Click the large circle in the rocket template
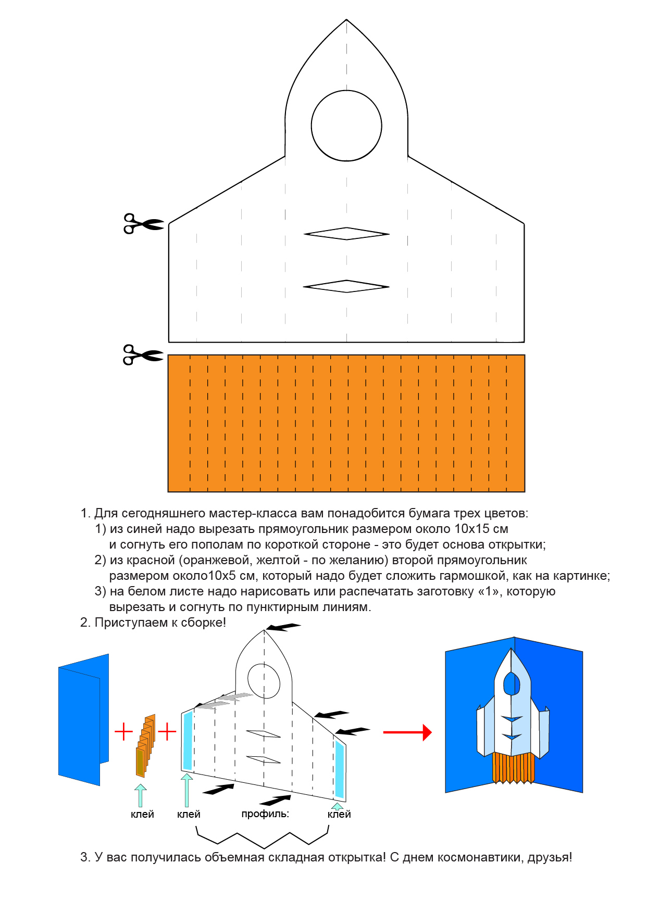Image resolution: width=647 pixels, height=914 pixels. (x=346, y=125)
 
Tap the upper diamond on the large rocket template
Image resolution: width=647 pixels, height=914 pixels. (x=346, y=234)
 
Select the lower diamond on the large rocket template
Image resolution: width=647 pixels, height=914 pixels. (x=346, y=286)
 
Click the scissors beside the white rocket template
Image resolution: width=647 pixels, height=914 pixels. (x=143, y=223)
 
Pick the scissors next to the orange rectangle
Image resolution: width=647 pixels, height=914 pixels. (x=142, y=354)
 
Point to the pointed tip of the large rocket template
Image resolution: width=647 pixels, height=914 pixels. (x=346, y=21)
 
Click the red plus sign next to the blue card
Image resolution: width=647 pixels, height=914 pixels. (x=123, y=731)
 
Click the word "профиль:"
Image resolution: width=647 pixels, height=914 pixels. (x=265, y=814)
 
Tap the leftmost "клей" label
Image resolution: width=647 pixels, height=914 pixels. (x=142, y=814)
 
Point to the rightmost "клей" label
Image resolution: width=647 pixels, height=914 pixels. (x=339, y=814)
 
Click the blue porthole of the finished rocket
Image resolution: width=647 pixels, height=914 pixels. (x=512, y=683)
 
